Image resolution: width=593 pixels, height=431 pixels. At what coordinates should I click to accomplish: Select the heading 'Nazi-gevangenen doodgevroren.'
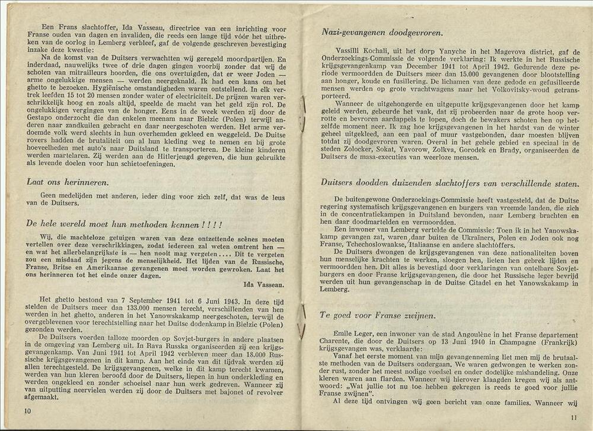click(383, 33)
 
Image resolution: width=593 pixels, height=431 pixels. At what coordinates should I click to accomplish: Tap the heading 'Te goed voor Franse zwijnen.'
click(377, 315)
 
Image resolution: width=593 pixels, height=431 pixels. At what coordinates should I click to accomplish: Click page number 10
click(27, 410)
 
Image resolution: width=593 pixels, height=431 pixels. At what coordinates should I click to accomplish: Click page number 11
click(573, 416)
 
